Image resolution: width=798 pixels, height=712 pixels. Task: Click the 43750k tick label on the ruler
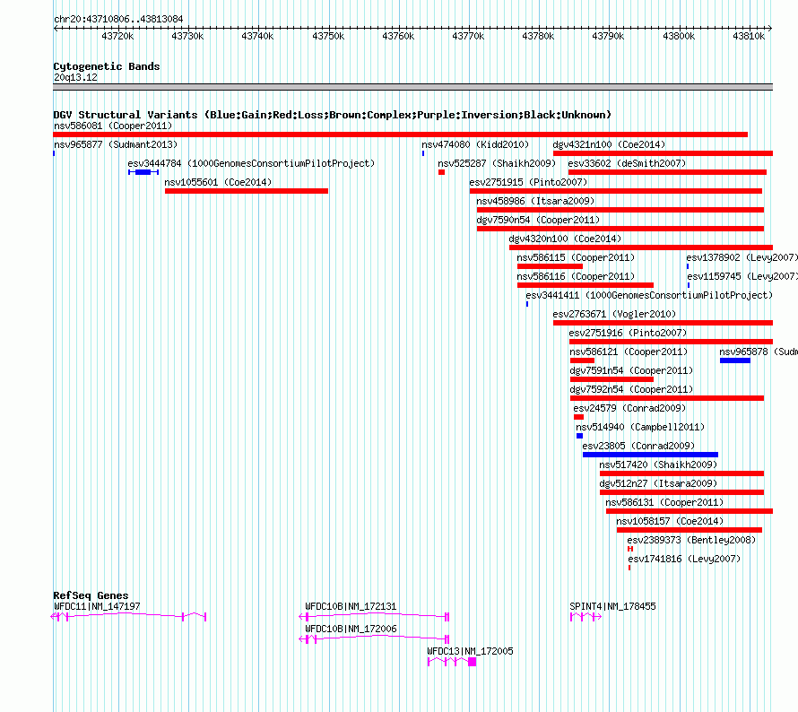pyautogui.click(x=328, y=36)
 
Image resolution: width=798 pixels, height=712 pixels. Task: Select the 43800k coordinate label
pyautogui.click(x=679, y=36)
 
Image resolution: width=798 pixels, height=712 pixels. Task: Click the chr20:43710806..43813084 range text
pyautogui.click(x=118, y=19)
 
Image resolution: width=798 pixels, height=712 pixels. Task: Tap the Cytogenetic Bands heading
pyautogui.click(x=106, y=66)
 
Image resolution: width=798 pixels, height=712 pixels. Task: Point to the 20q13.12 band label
pyautogui.click(x=75, y=77)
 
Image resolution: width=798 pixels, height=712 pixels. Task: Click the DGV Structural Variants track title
pyautogui.click(x=332, y=115)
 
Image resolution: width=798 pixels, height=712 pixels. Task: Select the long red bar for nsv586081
pyautogui.click(x=400, y=135)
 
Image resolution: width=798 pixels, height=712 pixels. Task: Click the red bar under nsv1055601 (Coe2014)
pyautogui.click(x=246, y=190)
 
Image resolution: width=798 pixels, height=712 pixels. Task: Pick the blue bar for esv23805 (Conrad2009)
pyautogui.click(x=650, y=455)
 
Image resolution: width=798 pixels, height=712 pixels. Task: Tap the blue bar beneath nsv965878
pyautogui.click(x=735, y=360)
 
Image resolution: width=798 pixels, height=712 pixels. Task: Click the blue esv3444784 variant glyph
pyautogui.click(x=143, y=172)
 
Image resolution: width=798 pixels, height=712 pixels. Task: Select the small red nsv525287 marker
pyautogui.click(x=441, y=172)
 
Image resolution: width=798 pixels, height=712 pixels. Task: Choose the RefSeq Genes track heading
pyautogui.click(x=91, y=595)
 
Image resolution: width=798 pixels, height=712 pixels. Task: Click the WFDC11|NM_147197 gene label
pyautogui.click(x=97, y=606)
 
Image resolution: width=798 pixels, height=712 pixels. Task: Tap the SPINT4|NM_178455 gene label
pyautogui.click(x=612, y=606)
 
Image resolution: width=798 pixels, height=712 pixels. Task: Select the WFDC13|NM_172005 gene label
pyautogui.click(x=470, y=650)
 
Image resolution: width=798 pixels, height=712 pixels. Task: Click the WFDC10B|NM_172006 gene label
pyautogui.click(x=351, y=629)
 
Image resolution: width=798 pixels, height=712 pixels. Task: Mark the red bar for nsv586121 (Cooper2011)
pyautogui.click(x=582, y=360)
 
